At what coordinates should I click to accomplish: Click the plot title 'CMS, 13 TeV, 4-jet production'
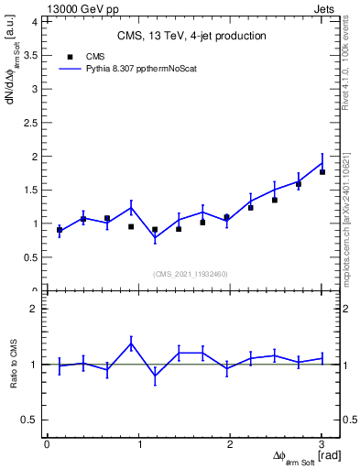coord(191,36)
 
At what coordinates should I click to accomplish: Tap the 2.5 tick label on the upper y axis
coord(32,123)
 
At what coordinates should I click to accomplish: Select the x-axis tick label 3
coord(322,444)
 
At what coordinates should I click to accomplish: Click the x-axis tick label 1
coord(138,444)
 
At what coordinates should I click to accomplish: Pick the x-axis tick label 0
coord(47,444)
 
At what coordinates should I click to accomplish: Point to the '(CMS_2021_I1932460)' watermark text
coord(191,274)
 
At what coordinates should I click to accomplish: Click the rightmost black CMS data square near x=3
coord(322,172)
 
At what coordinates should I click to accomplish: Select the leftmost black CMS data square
coord(60,230)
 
